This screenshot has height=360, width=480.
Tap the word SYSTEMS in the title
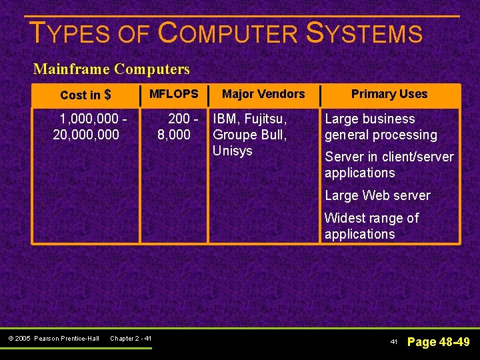click(364, 33)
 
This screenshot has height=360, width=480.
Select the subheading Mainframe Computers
click(111, 69)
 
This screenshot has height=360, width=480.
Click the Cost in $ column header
click(85, 95)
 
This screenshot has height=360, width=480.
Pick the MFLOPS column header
click(173, 94)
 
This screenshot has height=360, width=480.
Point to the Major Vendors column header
click(263, 94)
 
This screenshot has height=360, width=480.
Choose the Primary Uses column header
click(389, 94)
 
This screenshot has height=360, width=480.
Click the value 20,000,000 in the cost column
click(86, 135)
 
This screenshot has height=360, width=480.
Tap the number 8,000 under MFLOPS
click(173, 135)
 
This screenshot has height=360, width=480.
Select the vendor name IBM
click(225, 119)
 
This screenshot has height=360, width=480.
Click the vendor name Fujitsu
click(265, 119)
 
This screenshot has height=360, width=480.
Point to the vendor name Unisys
click(232, 151)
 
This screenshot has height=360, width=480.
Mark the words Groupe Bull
click(249, 135)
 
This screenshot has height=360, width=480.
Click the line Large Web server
click(377, 195)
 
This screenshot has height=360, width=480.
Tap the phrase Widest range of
click(371, 218)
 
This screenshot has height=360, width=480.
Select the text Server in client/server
click(389, 157)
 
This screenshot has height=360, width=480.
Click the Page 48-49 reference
click(438, 342)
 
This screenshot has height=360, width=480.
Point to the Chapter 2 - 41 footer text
click(131, 339)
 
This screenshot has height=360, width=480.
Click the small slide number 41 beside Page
click(394, 342)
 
